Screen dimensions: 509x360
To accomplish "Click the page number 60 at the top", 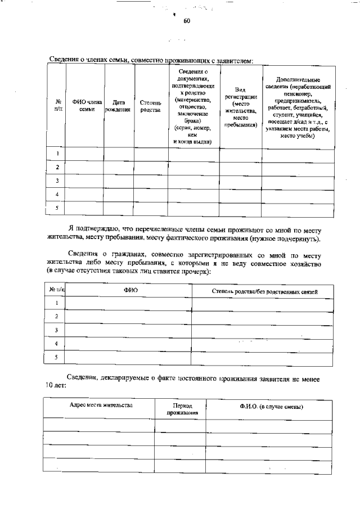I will pyautogui.click(x=186, y=21).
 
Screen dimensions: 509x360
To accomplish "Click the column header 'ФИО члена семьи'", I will pyautogui.click(x=83, y=106).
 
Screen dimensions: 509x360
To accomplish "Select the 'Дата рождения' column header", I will pyautogui.click(x=118, y=106).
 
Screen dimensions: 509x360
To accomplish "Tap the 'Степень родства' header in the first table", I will pyautogui.click(x=150, y=106).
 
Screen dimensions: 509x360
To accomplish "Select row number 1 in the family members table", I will pyautogui.click(x=57, y=154).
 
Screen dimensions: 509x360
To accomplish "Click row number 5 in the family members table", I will pyautogui.click(x=57, y=208).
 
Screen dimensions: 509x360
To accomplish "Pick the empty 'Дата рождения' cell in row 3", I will pyautogui.click(x=118, y=181).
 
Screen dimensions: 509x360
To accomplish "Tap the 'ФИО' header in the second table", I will pyautogui.click(x=130, y=291).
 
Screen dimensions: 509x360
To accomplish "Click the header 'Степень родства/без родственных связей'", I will pyautogui.click(x=264, y=291).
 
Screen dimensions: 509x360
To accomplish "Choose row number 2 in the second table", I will pyautogui.click(x=56, y=316).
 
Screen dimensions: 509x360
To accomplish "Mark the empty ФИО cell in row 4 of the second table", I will pyautogui.click(x=130, y=343).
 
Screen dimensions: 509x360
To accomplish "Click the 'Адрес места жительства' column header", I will pyautogui.click(x=101, y=405).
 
